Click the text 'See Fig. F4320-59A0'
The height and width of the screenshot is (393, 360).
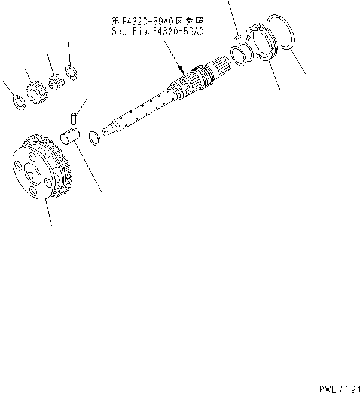[x=158, y=31]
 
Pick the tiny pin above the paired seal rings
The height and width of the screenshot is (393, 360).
[x=237, y=38]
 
